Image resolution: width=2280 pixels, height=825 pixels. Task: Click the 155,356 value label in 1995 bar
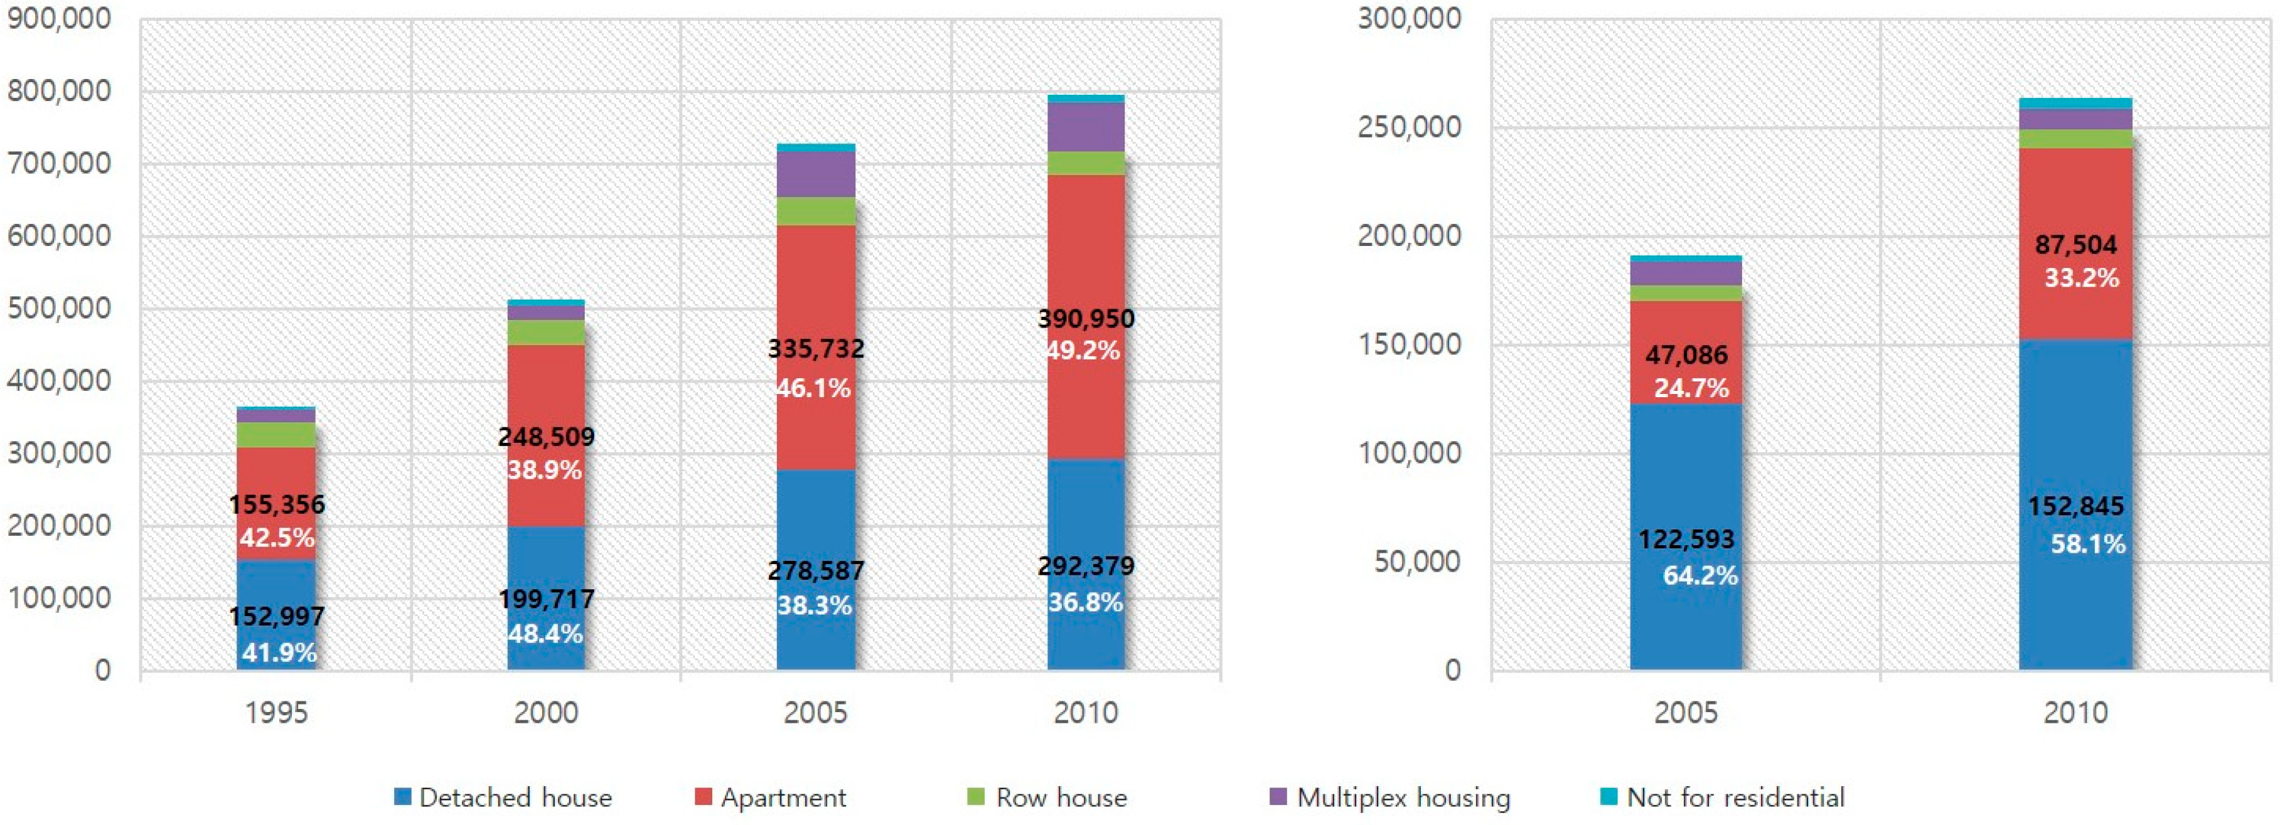coord(277,504)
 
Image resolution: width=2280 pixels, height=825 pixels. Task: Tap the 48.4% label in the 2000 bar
coord(545,634)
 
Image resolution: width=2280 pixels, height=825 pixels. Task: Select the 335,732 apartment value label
coord(815,349)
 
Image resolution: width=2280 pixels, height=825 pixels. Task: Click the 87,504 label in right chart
coord(2075,245)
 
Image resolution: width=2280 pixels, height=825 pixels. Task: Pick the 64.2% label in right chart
coord(1699,575)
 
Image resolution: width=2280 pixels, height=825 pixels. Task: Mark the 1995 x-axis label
coord(276,713)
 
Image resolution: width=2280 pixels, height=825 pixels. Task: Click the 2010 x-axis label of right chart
coord(2075,713)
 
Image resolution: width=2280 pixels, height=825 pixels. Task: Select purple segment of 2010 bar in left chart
coord(1086,127)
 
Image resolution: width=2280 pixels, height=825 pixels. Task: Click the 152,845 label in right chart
coord(2075,506)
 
